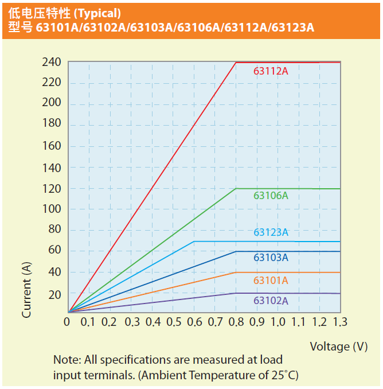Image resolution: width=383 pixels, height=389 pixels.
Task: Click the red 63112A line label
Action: pos(271,72)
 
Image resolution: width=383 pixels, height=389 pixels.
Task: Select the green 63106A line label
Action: pos(271,196)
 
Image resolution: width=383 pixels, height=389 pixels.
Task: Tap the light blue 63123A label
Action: pos(271,232)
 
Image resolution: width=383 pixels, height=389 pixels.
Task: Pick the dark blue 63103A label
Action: pos(271,258)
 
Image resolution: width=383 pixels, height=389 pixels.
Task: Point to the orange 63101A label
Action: pos(271,281)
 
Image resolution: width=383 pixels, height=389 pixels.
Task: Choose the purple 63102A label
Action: pos(271,301)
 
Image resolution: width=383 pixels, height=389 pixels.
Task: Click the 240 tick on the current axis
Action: pos(52,63)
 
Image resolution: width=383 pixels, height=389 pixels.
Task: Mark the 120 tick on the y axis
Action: pos(52,189)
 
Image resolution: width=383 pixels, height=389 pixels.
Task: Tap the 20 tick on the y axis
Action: pos(54,294)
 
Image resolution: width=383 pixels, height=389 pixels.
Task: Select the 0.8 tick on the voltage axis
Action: pos(236,322)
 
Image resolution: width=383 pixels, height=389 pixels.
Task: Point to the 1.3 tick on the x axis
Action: pos(340,322)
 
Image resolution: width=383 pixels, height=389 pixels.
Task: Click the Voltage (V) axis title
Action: pos(339,346)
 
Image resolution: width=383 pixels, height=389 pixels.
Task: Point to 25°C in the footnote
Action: pos(284,375)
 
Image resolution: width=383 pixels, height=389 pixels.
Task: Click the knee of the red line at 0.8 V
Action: pos(236,62)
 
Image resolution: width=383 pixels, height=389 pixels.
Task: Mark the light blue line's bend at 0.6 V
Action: pos(194,242)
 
